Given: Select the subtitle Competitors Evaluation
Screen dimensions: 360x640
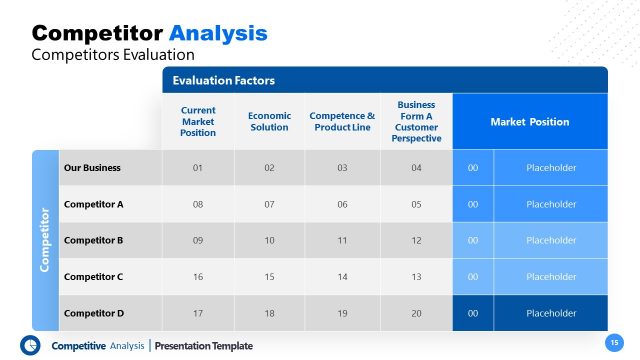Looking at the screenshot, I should pos(113,54).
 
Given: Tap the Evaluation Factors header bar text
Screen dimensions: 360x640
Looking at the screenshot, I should pos(223,80).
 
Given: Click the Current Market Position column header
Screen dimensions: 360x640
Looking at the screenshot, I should pos(198,121).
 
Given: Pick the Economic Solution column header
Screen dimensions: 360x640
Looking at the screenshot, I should pos(269,121).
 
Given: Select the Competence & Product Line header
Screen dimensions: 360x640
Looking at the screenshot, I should pos(342,121).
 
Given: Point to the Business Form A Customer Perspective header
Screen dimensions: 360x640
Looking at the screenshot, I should pos(416,121).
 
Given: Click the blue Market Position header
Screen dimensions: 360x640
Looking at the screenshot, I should pos(529,122).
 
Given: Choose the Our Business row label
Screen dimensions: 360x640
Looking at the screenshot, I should pos(93,168).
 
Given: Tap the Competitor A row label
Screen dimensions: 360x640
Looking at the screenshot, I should pos(93,204).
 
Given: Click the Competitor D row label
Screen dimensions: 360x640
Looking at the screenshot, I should pos(93,313).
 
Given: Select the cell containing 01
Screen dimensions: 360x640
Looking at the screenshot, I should pos(198,168).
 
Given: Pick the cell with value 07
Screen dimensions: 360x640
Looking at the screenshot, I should pos(269,204).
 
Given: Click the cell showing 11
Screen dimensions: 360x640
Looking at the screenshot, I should pos(342,240).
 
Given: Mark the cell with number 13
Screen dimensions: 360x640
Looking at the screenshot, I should pos(416,277).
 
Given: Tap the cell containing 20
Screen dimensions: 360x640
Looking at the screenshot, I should pos(416,313).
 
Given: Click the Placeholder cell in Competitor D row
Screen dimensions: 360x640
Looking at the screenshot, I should pos(551,313).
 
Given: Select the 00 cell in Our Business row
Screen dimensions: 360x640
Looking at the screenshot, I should pos(473,168).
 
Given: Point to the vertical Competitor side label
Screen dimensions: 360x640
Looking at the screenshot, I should pos(45,240).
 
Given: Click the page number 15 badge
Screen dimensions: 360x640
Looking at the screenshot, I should pos(614,342).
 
